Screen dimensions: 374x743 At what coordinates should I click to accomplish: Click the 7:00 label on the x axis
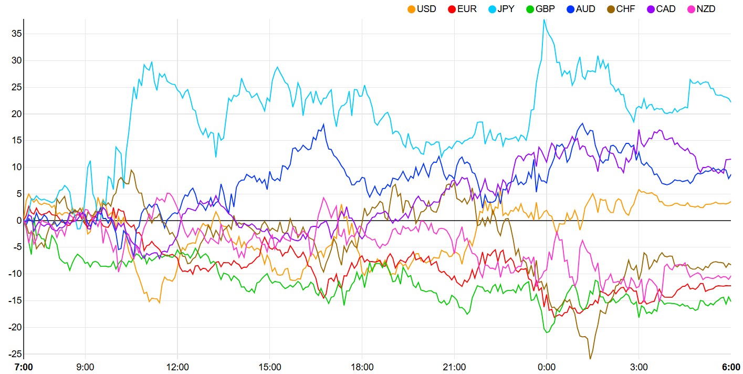(24, 367)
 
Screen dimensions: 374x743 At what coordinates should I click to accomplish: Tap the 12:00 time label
(177, 367)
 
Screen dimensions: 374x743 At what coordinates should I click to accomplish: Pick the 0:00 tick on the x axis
(547, 367)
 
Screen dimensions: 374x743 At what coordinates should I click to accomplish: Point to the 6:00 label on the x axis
(730, 367)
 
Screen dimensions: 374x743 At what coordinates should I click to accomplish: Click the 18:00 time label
(362, 367)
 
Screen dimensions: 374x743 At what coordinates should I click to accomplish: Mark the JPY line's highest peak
(545, 19)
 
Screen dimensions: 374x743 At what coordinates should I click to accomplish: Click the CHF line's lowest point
(591, 359)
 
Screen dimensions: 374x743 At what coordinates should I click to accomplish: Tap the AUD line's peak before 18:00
(324, 124)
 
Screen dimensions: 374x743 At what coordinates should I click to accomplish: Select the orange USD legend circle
(411, 9)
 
